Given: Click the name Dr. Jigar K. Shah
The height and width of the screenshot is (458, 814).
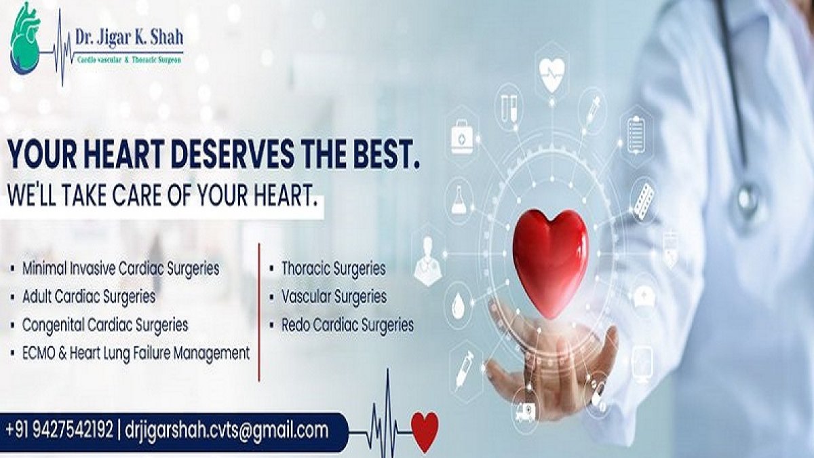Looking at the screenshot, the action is (x=129, y=37).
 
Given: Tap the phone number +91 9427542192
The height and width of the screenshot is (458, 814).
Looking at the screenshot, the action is (x=60, y=431).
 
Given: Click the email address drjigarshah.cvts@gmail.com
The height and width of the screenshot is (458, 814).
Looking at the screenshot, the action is (x=227, y=431).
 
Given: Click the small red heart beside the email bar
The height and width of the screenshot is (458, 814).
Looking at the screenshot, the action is (x=425, y=432).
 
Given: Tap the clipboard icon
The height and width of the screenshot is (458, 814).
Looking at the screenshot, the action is (x=636, y=135).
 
